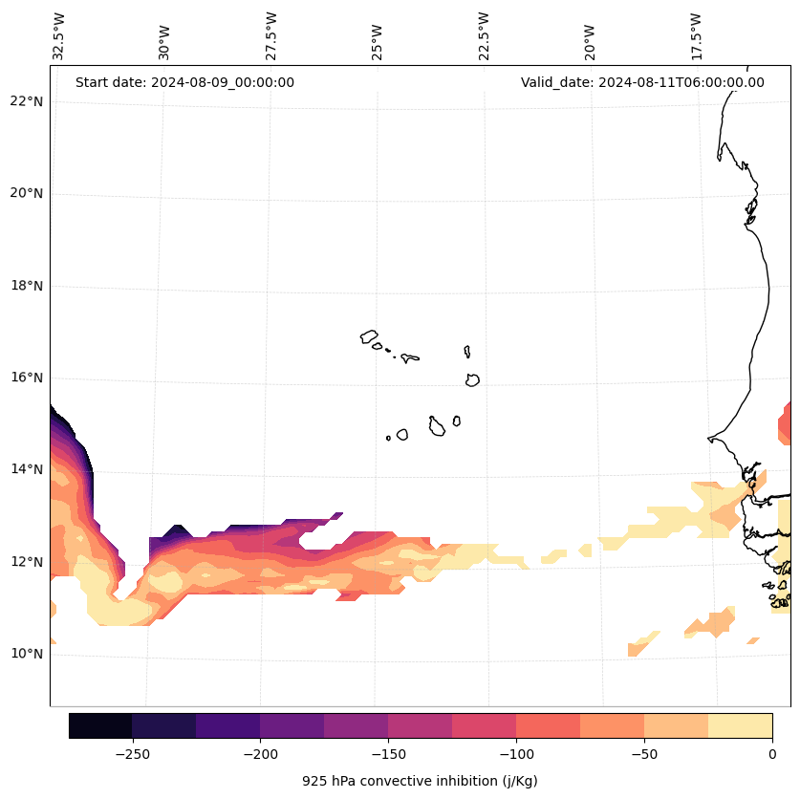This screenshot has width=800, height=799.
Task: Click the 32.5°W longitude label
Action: click(x=59, y=36)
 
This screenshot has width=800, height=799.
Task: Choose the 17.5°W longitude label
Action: click(x=696, y=36)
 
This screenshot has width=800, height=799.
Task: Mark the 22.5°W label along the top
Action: click(x=484, y=36)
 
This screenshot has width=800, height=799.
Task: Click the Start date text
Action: click(x=184, y=82)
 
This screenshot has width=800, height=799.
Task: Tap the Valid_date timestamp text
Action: click(x=642, y=82)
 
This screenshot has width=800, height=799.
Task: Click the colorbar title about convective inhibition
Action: click(x=420, y=781)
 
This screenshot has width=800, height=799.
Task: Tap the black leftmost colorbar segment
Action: click(x=100, y=725)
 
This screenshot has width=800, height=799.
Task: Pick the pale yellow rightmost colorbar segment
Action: click(x=740, y=725)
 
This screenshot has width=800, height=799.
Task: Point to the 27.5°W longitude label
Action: click(x=271, y=36)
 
